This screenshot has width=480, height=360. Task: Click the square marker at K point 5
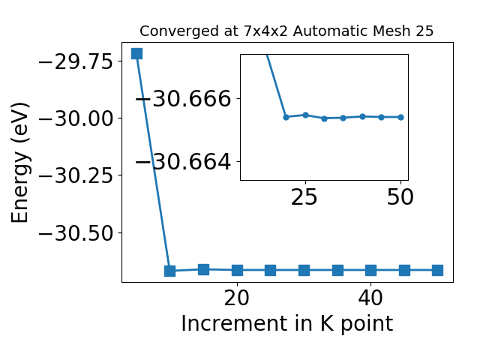[136, 53]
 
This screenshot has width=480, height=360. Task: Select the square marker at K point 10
[170, 271]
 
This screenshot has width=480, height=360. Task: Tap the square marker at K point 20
[237, 270]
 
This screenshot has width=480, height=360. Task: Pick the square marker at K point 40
[370, 270]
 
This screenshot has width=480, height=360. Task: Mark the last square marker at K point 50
[437, 270]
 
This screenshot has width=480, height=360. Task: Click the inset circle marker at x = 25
[305, 115]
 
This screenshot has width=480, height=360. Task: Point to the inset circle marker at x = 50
[400, 117]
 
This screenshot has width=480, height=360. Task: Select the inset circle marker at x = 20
[286, 117]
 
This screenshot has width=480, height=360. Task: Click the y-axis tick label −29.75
[76, 61]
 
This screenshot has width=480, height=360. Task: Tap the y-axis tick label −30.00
[76, 118]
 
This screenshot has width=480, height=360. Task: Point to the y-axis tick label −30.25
[76, 175]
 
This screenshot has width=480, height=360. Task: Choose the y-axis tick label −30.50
[76, 233]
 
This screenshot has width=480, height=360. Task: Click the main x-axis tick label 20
[237, 298]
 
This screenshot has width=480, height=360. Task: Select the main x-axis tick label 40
[370, 298]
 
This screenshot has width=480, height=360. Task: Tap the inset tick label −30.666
[183, 99]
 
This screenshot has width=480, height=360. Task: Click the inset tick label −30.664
[183, 162]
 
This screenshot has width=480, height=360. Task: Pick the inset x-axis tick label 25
[304, 196]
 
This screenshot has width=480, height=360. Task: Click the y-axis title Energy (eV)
[20, 163]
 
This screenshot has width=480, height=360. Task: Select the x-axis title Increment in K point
[287, 323]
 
